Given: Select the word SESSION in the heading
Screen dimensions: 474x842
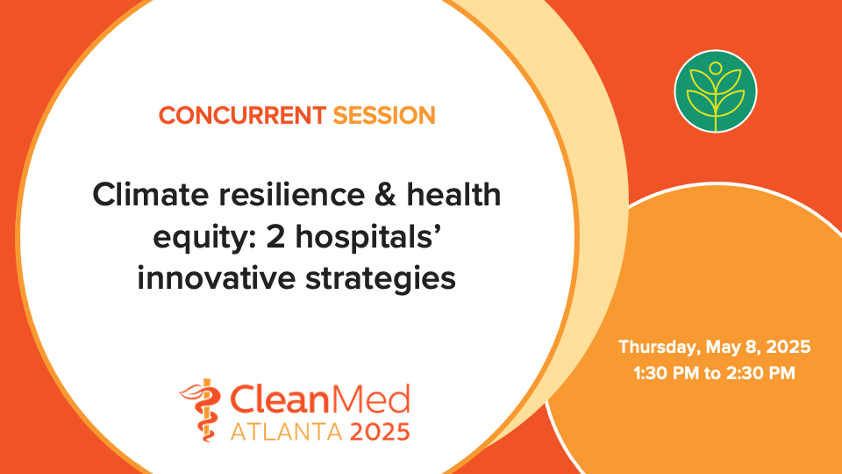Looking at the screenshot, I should (x=383, y=115).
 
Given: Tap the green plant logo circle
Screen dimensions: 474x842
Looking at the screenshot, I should (x=715, y=91).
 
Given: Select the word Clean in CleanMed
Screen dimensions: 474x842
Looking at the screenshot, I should (x=282, y=400).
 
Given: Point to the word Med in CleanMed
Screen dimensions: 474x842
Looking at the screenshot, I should (x=373, y=400).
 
